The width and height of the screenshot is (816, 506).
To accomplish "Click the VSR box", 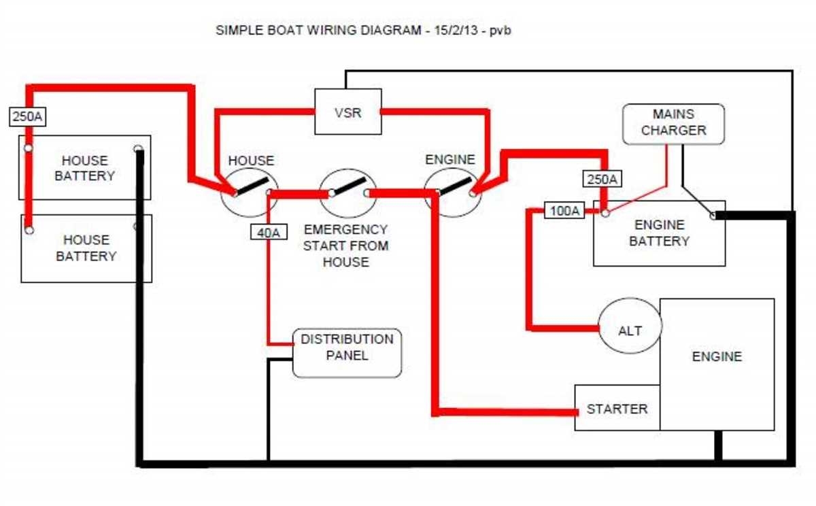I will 347,112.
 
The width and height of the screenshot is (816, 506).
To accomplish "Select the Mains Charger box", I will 673,123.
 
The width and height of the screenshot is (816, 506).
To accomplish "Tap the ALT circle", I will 630,330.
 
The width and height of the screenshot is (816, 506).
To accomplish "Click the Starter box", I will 617,408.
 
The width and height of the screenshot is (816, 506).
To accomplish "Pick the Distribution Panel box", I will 347,353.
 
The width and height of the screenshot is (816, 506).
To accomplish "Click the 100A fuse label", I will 564,212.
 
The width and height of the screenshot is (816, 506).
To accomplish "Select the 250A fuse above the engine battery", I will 602,180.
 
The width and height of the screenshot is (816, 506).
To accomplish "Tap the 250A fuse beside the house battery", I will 28,117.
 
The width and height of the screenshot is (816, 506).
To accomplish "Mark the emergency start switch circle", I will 348,192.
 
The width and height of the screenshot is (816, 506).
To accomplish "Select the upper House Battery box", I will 84,167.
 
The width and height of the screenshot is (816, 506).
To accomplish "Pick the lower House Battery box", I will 86,248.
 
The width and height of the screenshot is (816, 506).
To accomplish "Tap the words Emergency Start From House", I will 345,246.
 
